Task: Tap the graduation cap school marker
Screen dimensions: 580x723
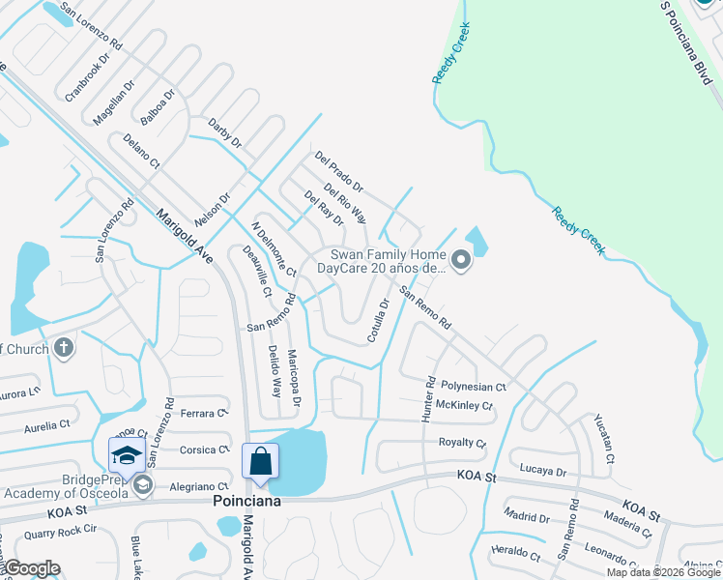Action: [126, 454]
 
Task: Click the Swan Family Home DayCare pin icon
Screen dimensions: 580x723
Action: [461, 258]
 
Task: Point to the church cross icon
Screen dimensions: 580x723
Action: [64, 348]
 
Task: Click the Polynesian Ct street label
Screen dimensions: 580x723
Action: [474, 387]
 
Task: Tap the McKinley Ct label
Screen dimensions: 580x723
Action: [464, 405]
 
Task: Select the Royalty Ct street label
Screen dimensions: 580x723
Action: [462, 443]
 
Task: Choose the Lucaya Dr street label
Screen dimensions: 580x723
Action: [541, 471]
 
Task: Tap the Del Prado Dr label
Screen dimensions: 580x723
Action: [338, 171]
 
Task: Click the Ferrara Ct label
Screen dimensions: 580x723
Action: [203, 413]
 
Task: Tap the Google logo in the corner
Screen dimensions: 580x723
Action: [32, 568]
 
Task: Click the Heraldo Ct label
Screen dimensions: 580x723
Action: [515, 556]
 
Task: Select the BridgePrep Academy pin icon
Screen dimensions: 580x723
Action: [142, 484]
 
